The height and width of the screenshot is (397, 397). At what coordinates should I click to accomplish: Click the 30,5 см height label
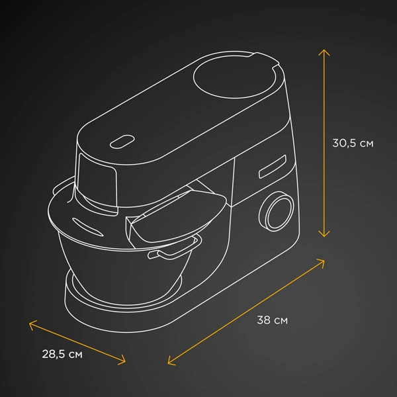(x=353, y=144)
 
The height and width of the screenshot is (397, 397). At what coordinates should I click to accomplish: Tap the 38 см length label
(x=272, y=320)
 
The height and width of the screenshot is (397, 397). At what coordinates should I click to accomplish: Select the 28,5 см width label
(x=62, y=354)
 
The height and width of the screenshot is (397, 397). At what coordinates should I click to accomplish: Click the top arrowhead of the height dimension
(x=324, y=52)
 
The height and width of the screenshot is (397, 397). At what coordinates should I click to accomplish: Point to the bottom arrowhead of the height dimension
(x=324, y=234)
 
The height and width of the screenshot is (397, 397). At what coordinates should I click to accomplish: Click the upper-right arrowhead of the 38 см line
(x=322, y=261)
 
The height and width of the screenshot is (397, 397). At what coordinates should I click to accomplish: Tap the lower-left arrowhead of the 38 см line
(x=171, y=362)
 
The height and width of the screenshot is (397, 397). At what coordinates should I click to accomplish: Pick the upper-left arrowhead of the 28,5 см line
(x=32, y=324)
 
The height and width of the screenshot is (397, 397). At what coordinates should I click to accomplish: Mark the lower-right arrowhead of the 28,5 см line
(x=122, y=361)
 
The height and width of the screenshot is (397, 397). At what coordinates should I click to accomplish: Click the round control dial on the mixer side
(x=277, y=211)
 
